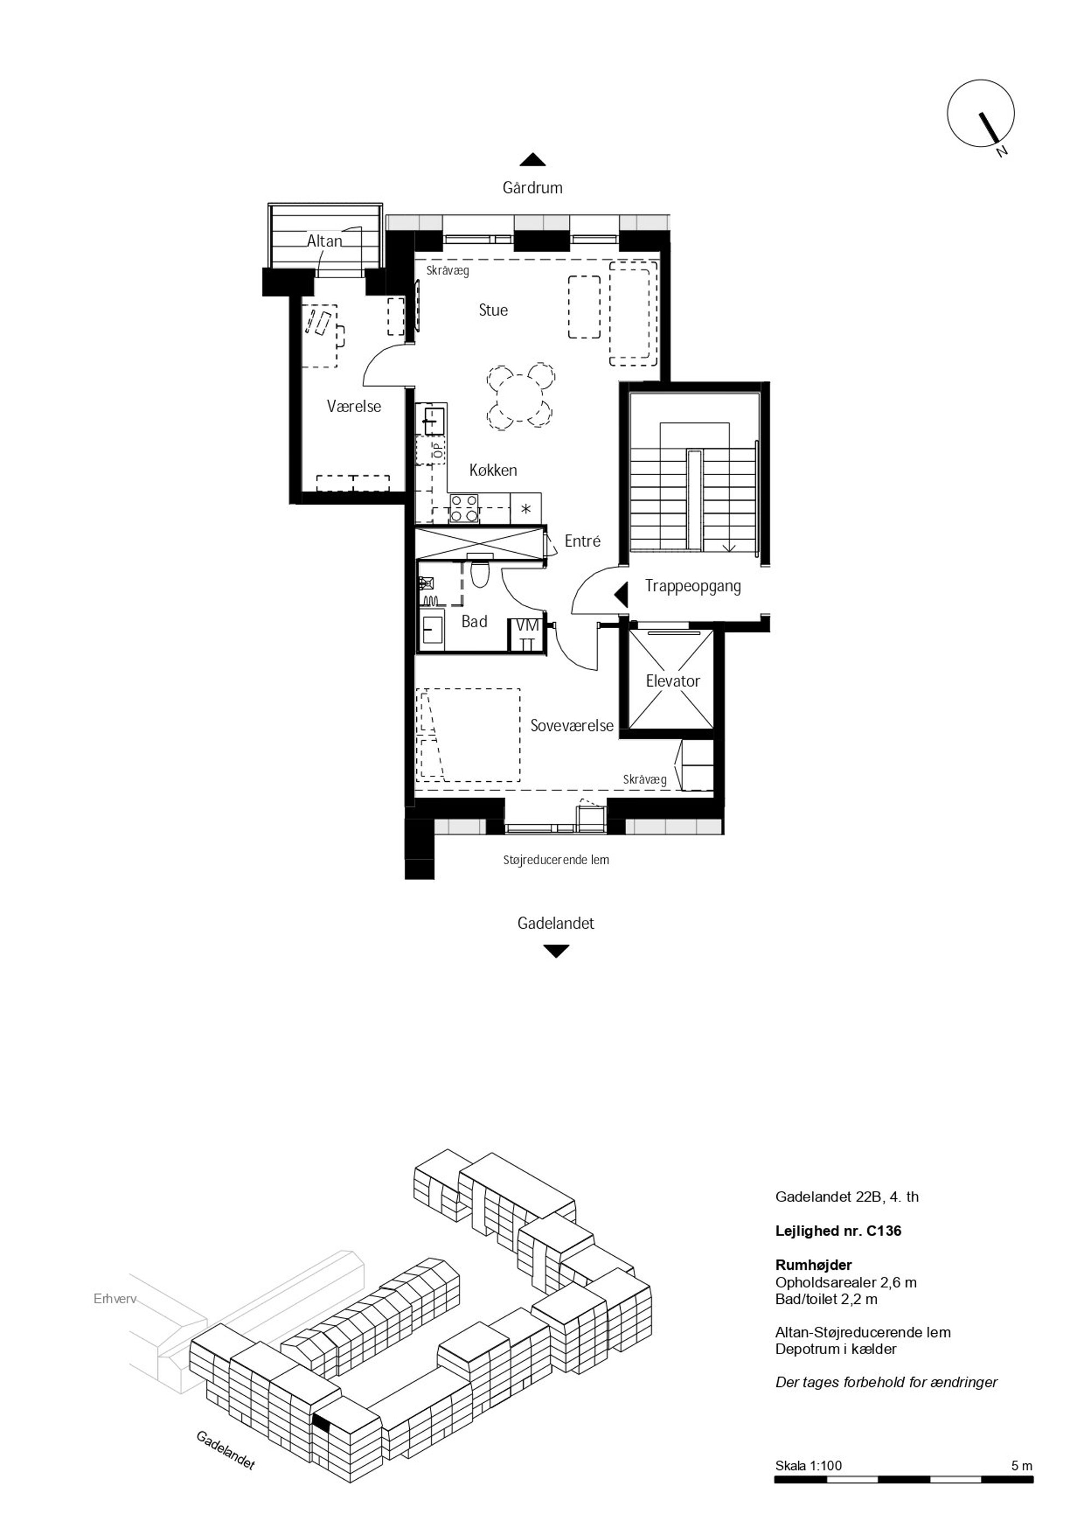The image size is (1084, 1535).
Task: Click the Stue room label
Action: click(493, 310)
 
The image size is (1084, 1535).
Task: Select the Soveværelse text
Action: click(572, 725)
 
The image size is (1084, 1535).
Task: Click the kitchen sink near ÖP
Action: click(432, 419)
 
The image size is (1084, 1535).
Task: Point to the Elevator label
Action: click(673, 681)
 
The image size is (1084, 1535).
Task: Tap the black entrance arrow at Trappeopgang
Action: click(621, 594)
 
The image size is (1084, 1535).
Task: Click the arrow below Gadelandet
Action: click(556, 951)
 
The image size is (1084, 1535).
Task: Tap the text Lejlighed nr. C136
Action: click(838, 1230)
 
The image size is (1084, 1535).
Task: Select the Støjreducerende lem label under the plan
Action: click(556, 860)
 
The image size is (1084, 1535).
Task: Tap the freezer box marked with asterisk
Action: click(526, 509)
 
